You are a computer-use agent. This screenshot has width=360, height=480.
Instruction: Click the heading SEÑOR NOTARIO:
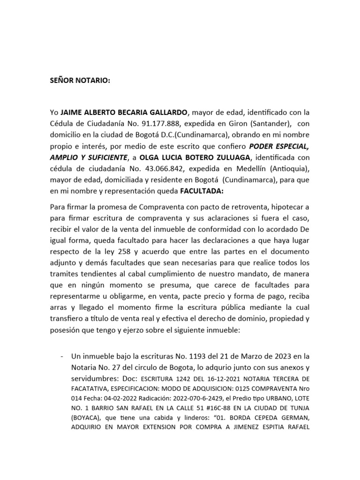tap(80, 80)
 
